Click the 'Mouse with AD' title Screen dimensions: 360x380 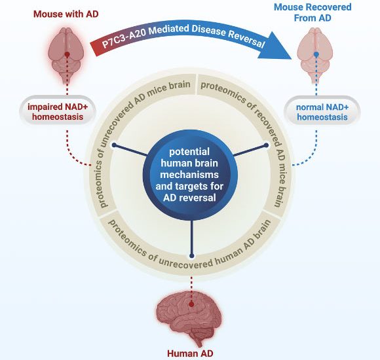(66, 13)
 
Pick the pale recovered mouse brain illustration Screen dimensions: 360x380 (316, 58)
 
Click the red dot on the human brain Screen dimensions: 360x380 (191, 303)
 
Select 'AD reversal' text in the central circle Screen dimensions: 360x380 (190, 199)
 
